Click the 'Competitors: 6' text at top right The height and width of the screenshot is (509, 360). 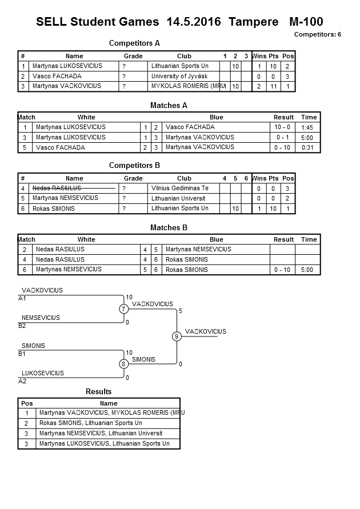pos(317,35)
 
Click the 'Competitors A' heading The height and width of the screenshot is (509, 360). pos(134,43)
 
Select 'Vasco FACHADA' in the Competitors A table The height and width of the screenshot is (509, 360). pos(57,76)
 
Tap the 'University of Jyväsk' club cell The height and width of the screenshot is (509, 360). pos(178,76)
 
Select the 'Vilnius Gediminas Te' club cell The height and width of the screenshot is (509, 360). pos(180,188)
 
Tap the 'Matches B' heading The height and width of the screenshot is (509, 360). pos(169,228)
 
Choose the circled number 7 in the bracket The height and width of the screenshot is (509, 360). pos(123,309)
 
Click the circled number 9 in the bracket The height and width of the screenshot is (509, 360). pos(177,336)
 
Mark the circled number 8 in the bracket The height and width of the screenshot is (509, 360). pos(123,364)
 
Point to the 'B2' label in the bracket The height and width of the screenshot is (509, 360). pos(22,326)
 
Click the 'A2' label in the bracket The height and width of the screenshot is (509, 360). pos(22,381)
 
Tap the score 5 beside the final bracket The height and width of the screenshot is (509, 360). pos(181,311)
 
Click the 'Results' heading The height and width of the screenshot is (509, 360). pos(98,391)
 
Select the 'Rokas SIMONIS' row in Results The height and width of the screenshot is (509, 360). pos(91,423)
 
